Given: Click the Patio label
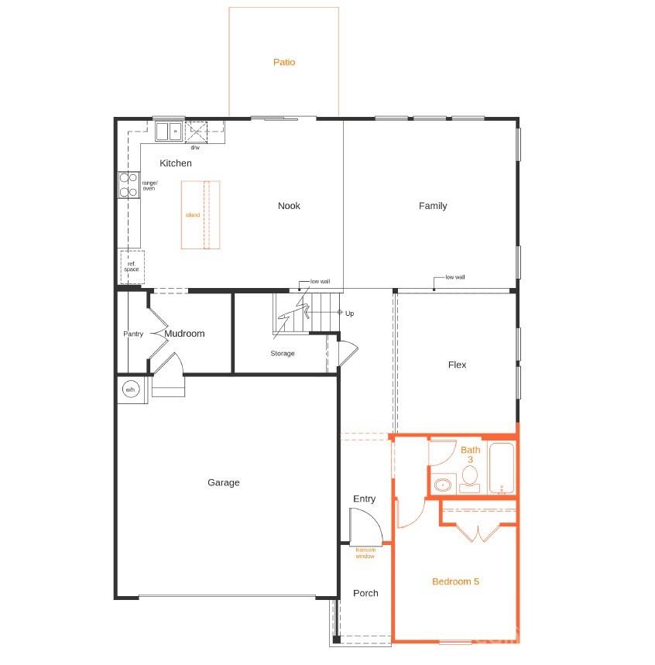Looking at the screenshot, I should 284,62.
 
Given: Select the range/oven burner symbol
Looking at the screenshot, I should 129,184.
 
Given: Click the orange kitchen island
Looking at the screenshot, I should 201,214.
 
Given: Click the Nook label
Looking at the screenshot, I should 289,206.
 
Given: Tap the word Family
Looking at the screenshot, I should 433,206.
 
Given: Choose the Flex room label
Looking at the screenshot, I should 457,365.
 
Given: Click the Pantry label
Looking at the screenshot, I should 133,334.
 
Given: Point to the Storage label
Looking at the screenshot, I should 283,354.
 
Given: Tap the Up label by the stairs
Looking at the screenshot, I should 349,314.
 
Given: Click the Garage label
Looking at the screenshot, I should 223,482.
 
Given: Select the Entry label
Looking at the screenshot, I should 364,499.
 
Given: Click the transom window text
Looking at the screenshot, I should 365,554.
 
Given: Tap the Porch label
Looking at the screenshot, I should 365,593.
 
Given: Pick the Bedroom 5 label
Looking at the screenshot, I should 455,581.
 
